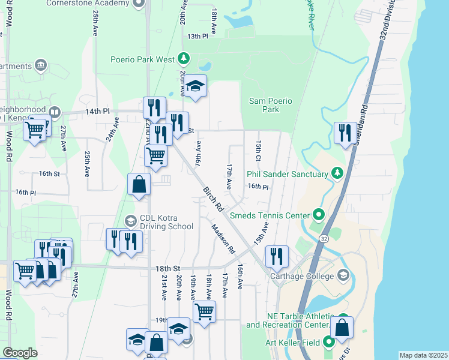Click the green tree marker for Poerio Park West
point(184,59)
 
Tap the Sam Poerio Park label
point(271,105)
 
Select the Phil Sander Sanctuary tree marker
point(337,174)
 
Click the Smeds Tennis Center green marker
point(319,215)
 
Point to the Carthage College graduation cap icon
point(343,276)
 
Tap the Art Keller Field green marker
point(329,343)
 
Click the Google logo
point(20,353)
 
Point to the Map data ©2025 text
point(423,355)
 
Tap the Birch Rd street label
point(213,200)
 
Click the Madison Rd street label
point(223,238)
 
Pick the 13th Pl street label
point(197,37)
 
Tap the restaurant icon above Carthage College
point(276,256)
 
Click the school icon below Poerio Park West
point(195,86)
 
